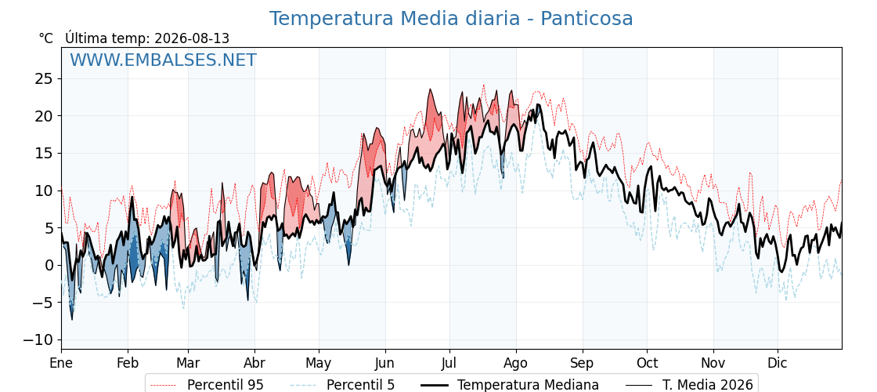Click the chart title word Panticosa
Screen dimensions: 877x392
[586, 19]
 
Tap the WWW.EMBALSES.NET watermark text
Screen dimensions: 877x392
[164, 60]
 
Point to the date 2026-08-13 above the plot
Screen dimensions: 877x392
[192, 38]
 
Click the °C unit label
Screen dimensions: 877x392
[46, 38]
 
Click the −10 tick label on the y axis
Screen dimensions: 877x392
[38, 340]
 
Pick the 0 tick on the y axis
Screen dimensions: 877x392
[47, 266]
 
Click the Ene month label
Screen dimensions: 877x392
[61, 363]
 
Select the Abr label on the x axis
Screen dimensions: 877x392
[254, 363]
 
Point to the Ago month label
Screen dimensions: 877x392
[515, 364]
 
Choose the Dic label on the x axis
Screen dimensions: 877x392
[777, 363]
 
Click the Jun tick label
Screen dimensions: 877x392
[384, 363]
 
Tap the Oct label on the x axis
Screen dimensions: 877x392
[647, 363]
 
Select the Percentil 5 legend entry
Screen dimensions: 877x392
[343, 385]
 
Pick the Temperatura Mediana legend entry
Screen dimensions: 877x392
[508, 385]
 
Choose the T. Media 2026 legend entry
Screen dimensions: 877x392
[689, 385]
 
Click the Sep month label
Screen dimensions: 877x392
[583, 364]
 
